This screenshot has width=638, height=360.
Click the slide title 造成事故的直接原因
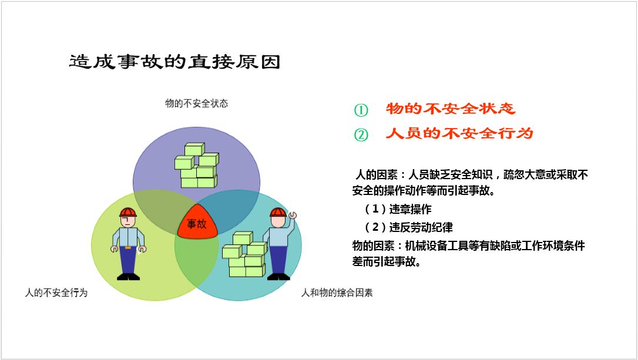(x=174, y=62)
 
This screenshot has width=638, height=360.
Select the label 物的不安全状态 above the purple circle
(x=197, y=103)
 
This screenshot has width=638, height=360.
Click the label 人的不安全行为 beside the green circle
(x=56, y=292)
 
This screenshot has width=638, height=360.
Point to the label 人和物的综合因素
(x=337, y=292)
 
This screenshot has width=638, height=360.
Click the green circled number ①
(x=361, y=110)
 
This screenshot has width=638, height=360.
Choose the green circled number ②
(x=361, y=134)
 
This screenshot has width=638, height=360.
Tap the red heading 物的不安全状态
(x=451, y=108)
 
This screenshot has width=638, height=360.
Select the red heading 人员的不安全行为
(x=459, y=133)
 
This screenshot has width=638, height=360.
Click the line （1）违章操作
(x=398, y=209)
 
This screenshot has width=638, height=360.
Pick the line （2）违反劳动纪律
(x=408, y=227)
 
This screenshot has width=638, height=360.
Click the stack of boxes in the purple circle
(x=197, y=166)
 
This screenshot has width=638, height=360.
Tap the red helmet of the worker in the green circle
(x=127, y=213)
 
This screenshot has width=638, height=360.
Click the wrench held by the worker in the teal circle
(x=292, y=214)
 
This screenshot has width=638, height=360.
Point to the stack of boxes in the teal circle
(x=244, y=255)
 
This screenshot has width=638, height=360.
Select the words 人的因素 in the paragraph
(x=377, y=175)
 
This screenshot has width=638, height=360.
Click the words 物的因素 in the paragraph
(x=374, y=245)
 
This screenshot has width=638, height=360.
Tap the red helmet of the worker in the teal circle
(x=278, y=213)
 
